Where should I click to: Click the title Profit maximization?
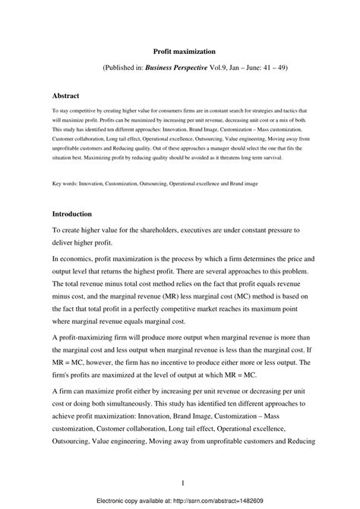[180, 50]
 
